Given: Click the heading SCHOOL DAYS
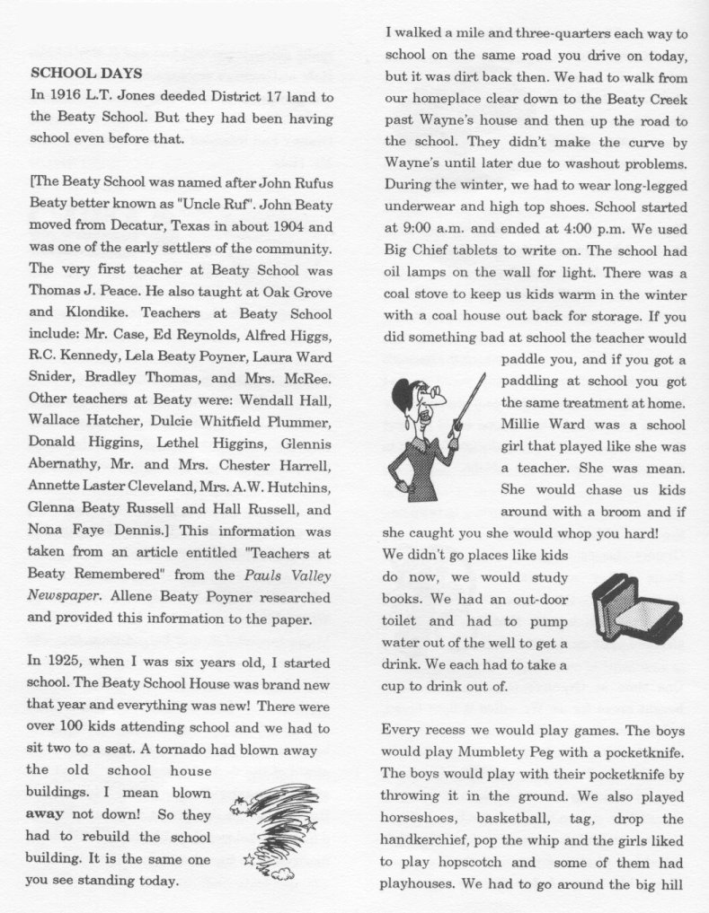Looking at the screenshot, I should point(86,72).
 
